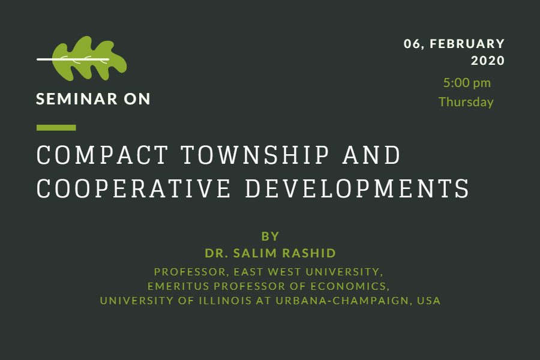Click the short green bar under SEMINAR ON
[x=56, y=128]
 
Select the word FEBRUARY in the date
[x=467, y=44]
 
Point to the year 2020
[x=488, y=61]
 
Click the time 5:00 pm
[x=467, y=83]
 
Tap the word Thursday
[x=466, y=102]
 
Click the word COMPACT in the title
[x=102, y=155]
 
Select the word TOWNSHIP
[x=255, y=155]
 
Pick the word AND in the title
[x=371, y=155]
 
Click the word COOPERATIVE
[x=133, y=188]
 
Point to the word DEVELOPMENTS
[x=357, y=188]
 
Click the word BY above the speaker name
[x=271, y=236]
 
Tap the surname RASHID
[x=309, y=253]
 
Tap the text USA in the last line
[x=429, y=301]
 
